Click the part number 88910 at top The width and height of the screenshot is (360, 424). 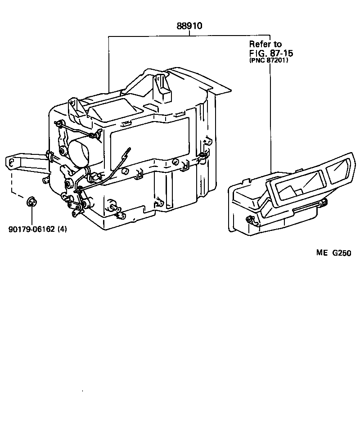click(x=189, y=26)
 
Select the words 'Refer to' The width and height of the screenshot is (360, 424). click(x=265, y=44)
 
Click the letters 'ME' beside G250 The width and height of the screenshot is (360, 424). click(x=322, y=253)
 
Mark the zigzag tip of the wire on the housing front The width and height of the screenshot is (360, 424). click(x=129, y=151)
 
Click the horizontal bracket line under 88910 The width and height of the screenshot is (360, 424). click(x=189, y=36)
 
